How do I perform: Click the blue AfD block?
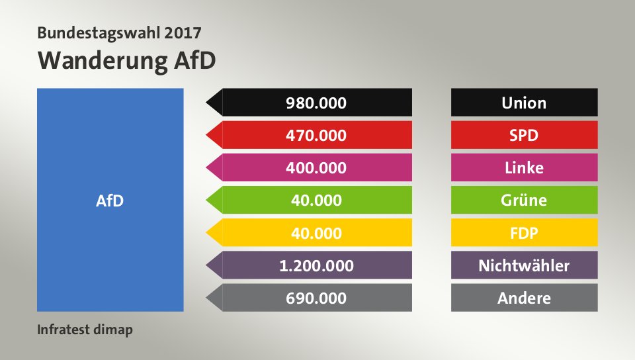tap(110, 199)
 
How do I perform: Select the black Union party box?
tap(525, 103)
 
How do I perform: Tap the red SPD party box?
tap(525, 135)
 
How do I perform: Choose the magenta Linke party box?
tap(525, 167)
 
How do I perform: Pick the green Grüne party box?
tap(525, 200)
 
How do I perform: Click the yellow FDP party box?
tap(525, 233)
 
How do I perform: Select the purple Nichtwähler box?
tap(525, 265)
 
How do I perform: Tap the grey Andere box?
tap(525, 298)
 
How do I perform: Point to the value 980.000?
tap(316, 103)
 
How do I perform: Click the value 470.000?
tap(316, 135)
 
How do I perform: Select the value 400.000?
tap(316, 167)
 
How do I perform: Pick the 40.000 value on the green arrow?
tap(316, 200)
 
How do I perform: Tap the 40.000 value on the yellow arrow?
tap(316, 233)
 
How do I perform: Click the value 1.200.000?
tap(316, 265)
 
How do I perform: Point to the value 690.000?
tap(316, 298)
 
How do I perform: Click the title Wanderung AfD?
tap(127, 60)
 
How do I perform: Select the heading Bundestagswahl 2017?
tap(120, 32)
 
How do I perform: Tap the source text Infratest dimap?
tap(85, 329)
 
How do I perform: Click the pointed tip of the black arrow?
tap(208, 103)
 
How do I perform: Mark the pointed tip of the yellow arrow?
tap(208, 233)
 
